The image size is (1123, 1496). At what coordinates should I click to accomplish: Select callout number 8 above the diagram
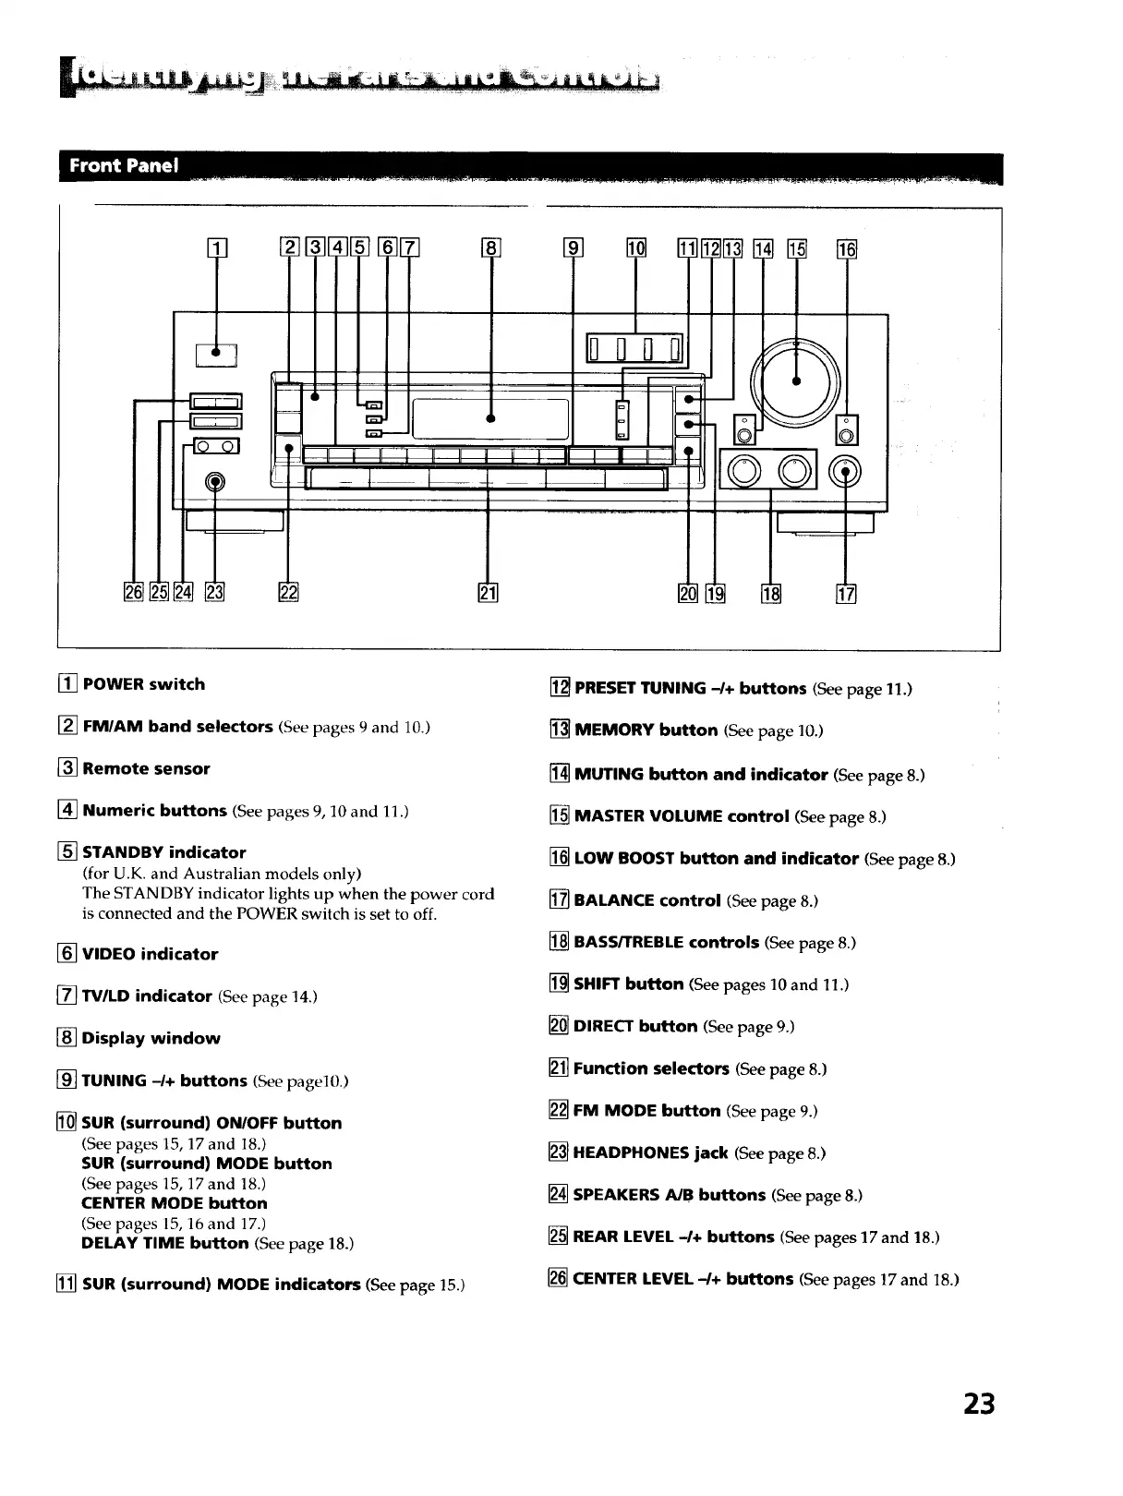click(491, 247)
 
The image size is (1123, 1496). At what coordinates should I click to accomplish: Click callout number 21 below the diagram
click(489, 593)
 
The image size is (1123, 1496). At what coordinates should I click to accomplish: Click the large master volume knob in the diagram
click(797, 380)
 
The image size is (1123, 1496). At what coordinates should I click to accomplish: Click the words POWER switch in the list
click(144, 684)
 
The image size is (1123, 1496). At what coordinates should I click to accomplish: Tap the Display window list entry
click(151, 1038)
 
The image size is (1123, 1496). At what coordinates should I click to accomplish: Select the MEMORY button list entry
click(646, 730)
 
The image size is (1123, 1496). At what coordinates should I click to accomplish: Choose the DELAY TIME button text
click(164, 1243)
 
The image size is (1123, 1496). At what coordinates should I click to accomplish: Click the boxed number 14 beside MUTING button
click(559, 775)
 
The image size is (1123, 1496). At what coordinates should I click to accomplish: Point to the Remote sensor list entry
click(146, 768)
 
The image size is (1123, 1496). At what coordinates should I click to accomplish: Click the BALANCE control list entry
click(646, 900)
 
